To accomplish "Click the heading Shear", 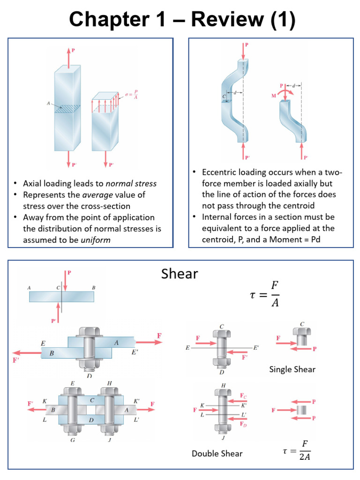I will pos(180,274).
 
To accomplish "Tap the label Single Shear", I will pos(292,369).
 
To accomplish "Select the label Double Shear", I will pos(217,453).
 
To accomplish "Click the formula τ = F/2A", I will pos(297,450).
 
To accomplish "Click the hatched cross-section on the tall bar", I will pos(67,109).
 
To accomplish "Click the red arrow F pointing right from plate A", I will pos(152,342).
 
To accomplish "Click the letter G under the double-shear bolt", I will pos(72,440).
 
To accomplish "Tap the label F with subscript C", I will pos(243,396).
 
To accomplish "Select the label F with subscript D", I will pos(243,424).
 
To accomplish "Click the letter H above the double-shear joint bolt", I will pos(109,383).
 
